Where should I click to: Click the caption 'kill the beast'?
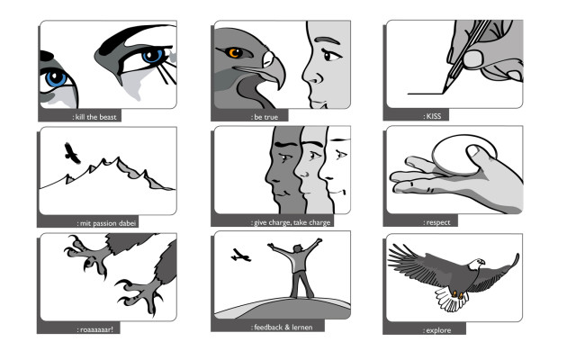95,117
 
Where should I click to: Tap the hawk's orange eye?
234,53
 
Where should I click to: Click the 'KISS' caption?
433,116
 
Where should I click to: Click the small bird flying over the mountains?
72,153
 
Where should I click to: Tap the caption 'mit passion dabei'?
106,223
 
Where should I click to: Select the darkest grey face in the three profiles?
284,170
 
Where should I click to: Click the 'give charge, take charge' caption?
291,222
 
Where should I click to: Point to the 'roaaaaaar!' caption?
95,329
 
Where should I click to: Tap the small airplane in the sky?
241,256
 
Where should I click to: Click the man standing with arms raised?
299,268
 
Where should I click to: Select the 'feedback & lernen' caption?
282,328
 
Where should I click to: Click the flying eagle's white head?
477,264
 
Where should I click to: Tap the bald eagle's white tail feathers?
451,299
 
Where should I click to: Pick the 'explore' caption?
436,330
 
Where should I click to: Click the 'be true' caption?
265,117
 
